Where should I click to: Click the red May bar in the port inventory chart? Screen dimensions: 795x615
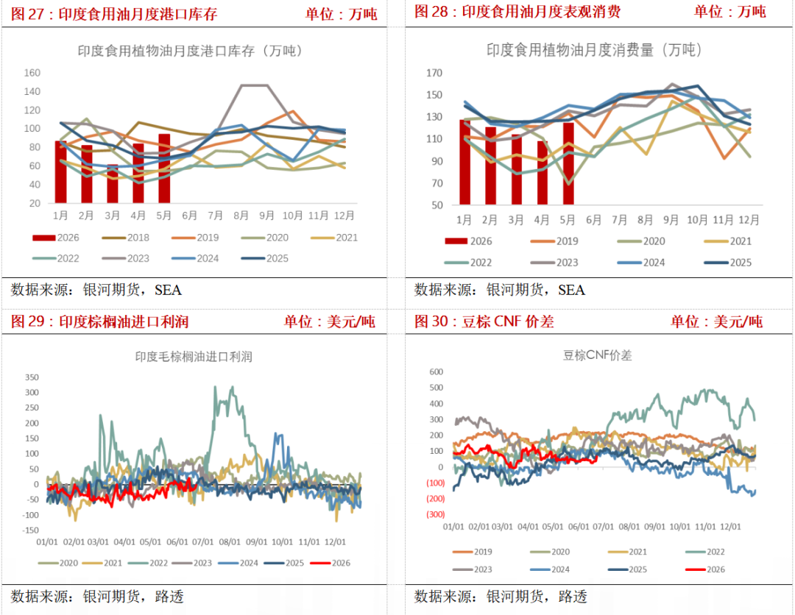click(x=163, y=168)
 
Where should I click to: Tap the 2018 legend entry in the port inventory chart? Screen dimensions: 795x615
click(x=126, y=238)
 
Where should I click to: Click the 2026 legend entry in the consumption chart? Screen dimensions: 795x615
click(x=468, y=241)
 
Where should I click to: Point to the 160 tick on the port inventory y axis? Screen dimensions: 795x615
click(x=32, y=73)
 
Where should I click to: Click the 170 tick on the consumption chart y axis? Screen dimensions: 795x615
click(x=434, y=73)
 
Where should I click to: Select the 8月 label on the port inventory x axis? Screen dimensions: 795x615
click(x=241, y=216)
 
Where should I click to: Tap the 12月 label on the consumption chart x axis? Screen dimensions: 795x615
click(x=749, y=220)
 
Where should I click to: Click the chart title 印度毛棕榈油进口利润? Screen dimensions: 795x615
click(x=194, y=357)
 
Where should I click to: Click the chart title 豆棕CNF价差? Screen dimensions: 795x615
click(x=597, y=355)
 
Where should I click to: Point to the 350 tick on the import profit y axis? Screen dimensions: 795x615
click(x=32, y=377)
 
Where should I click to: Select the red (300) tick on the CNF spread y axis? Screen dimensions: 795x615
click(x=436, y=514)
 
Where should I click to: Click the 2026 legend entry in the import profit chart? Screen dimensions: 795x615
click(x=330, y=563)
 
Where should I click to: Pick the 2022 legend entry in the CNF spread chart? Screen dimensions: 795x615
click(x=704, y=552)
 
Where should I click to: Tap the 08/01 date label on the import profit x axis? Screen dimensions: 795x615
click(x=230, y=542)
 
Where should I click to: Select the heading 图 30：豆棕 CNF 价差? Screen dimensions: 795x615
click(x=484, y=321)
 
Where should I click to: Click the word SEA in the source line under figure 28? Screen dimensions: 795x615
click(x=571, y=290)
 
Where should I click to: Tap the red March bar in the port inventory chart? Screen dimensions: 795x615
click(x=113, y=184)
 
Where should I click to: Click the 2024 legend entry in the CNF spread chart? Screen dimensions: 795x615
click(x=550, y=569)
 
